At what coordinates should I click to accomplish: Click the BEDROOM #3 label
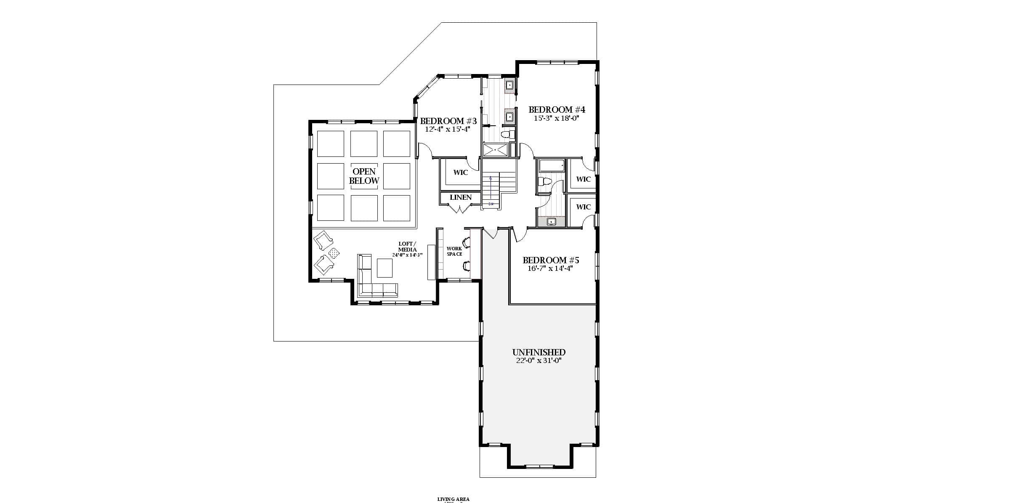tap(448, 121)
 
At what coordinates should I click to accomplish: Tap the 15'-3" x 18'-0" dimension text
tap(557, 119)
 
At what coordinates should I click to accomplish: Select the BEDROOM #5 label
tap(551, 260)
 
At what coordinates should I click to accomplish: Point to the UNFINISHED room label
tap(539, 352)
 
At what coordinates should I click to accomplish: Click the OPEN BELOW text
tap(364, 176)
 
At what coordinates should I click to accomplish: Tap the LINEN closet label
tap(461, 197)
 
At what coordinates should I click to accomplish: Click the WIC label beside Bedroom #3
tap(460, 172)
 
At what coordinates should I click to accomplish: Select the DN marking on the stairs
tap(491, 204)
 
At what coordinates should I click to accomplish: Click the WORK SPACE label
tap(454, 251)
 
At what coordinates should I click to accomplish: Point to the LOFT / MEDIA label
tap(407, 246)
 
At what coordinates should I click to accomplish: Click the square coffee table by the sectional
tap(385, 268)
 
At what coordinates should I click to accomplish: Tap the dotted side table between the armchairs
tap(334, 253)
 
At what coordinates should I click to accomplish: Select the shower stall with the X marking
tap(495, 150)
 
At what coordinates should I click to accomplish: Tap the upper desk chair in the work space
tap(467, 242)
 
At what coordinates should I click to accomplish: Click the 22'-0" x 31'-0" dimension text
tap(539, 361)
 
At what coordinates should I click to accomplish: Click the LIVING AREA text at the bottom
tap(453, 499)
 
